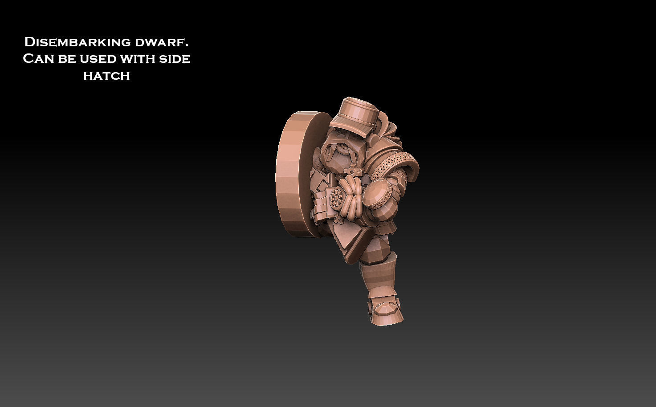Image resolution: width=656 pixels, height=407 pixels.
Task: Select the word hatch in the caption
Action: coord(106,76)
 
